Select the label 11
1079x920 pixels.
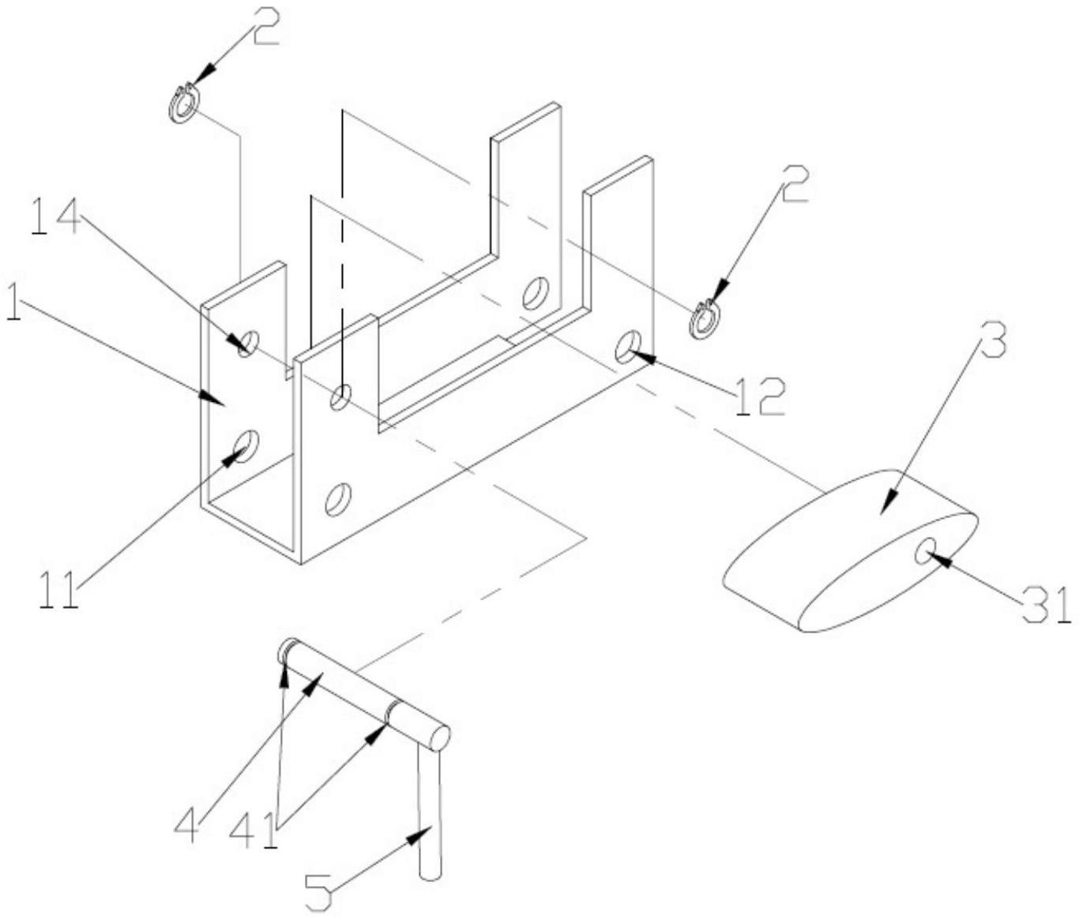coord(58,591)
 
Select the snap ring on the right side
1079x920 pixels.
coord(703,320)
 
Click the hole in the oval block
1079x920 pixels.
coord(924,551)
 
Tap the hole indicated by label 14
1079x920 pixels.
coord(249,344)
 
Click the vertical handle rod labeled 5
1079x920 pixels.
coord(428,813)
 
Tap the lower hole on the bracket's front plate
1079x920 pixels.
coord(338,500)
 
